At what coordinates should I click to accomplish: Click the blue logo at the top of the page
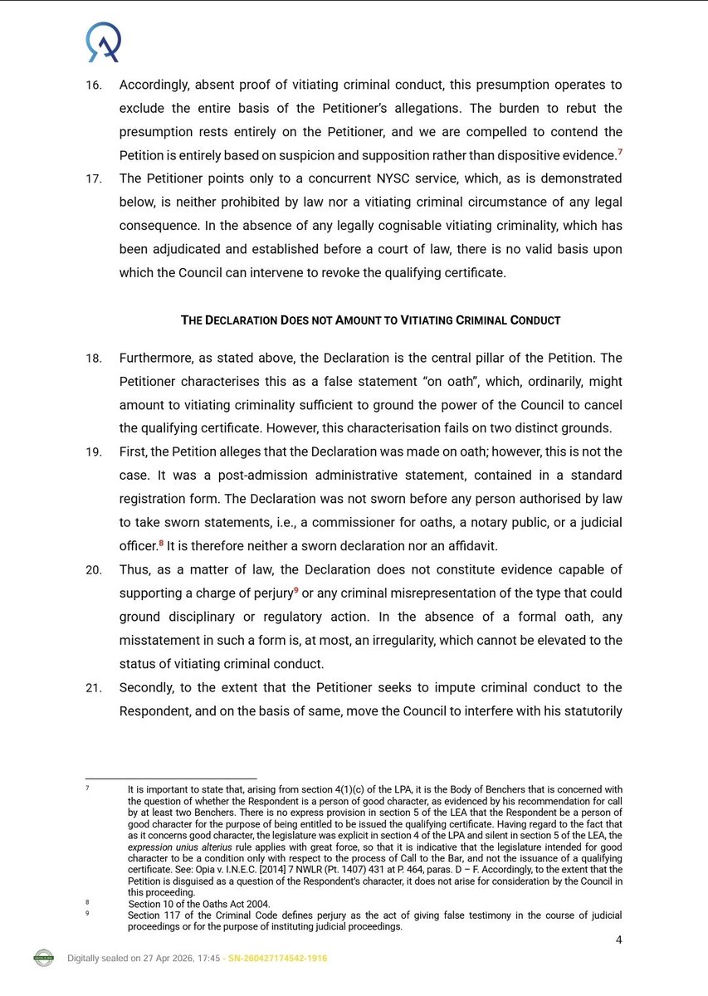(105, 43)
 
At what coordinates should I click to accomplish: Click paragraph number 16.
(95, 85)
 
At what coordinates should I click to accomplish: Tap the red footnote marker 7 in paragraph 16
(619, 151)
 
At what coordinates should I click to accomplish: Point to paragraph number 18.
(94, 359)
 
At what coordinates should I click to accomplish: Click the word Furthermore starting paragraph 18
(157, 359)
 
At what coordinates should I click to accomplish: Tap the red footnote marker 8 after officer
(161, 542)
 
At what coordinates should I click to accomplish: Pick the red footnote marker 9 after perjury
(295, 590)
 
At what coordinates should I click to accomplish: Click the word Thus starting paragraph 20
(134, 570)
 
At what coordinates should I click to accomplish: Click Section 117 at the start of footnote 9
(156, 915)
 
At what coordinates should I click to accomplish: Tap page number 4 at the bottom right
(618, 940)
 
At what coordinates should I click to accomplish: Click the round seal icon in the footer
(43, 958)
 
